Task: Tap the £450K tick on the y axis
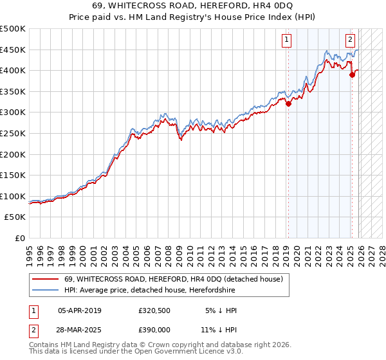tap(13, 50)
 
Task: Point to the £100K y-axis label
tap(13, 196)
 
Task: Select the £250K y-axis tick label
tap(13, 133)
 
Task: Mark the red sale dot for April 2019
tap(288, 104)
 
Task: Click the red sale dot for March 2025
tap(352, 75)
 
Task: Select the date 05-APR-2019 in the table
tap(79, 310)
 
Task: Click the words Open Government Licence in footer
tap(174, 353)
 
